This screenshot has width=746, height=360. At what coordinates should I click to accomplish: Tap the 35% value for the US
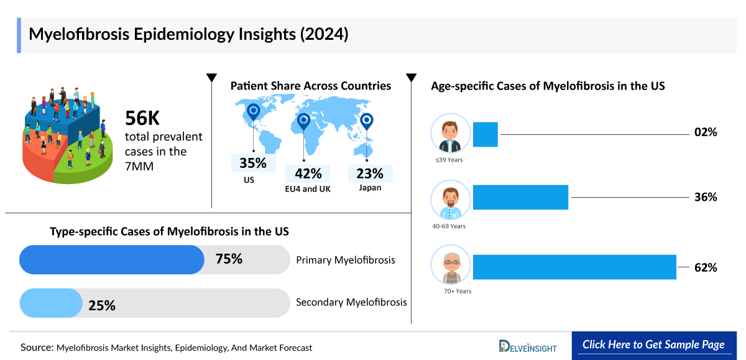click(252, 164)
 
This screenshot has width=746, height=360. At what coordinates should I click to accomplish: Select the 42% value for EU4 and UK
click(308, 173)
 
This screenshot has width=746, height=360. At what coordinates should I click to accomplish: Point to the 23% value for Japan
click(370, 173)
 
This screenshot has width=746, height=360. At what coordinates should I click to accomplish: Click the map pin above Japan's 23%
click(367, 121)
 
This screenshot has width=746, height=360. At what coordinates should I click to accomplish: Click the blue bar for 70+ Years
click(574, 267)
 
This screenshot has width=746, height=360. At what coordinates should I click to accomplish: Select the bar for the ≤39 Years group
click(485, 134)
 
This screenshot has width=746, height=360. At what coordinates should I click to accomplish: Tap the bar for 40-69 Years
click(520, 197)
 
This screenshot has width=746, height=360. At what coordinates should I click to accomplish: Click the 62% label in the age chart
click(706, 268)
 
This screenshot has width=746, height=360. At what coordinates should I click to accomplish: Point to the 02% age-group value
click(706, 132)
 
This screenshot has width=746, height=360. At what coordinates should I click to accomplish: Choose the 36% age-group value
click(706, 197)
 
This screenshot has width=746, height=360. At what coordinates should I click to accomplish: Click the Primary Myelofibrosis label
click(345, 260)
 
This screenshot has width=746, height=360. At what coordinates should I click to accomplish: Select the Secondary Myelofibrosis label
click(351, 302)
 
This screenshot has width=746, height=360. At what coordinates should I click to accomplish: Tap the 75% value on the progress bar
click(228, 259)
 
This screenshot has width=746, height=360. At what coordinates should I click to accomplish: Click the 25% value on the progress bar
click(101, 305)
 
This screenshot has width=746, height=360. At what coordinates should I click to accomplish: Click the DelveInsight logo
click(528, 346)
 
